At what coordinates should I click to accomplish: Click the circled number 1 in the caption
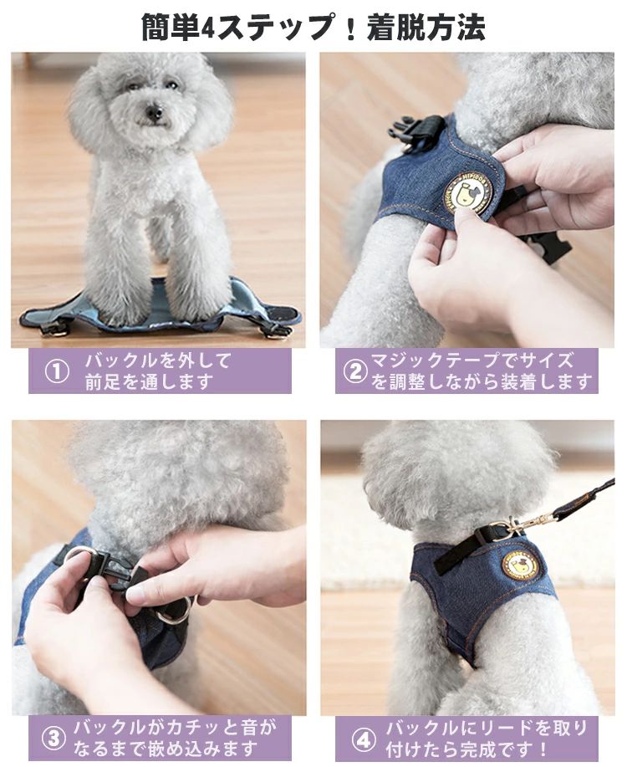[57, 371]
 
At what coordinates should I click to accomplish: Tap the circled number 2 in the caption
[355, 371]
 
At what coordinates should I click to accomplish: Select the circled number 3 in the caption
[54, 738]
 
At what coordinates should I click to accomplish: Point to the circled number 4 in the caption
[363, 740]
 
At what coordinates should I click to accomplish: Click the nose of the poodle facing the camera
[154, 114]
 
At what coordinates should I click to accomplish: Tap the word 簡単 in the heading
[171, 28]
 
